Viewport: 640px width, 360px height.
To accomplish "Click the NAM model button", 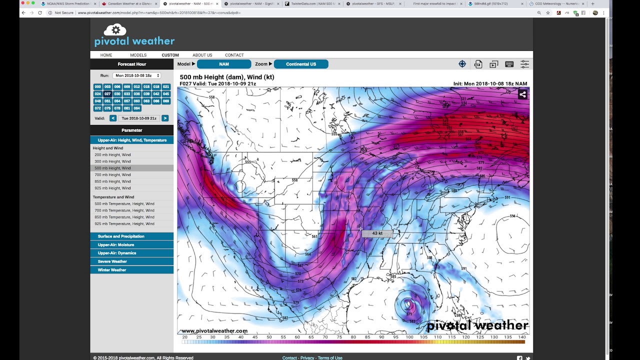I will point(224,64).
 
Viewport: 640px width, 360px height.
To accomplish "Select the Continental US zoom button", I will point(300,64).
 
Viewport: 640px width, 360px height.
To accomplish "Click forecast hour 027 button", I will point(107,94).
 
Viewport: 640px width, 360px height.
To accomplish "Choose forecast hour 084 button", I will point(136,108).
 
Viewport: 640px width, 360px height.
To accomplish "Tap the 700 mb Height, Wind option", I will point(112,175).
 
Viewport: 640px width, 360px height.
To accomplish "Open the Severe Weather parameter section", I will point(112,261).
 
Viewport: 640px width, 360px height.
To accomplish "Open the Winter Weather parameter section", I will point(112,270).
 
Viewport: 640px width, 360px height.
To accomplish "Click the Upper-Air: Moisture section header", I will point(116,245).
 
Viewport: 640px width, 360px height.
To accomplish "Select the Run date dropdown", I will point(136,75).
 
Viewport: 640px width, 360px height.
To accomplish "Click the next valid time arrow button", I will point(165,118).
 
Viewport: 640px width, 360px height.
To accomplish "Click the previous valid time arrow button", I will point(113,118).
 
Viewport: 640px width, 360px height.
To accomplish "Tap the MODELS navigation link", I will point(138,55).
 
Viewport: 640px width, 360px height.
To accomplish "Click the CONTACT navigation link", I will point(234,55).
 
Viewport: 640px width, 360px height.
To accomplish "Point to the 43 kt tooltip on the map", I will point(377,233).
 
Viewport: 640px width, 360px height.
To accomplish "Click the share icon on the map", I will point(522,94).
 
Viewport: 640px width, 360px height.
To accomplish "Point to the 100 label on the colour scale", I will point(409,337).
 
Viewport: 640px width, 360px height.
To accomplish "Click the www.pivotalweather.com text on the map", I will point(214,331).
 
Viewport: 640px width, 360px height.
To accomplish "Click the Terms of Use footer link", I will point(330,358).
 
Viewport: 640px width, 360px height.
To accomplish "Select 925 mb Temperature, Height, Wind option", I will point(124,224).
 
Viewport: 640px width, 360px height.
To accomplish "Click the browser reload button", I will point(40,12).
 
